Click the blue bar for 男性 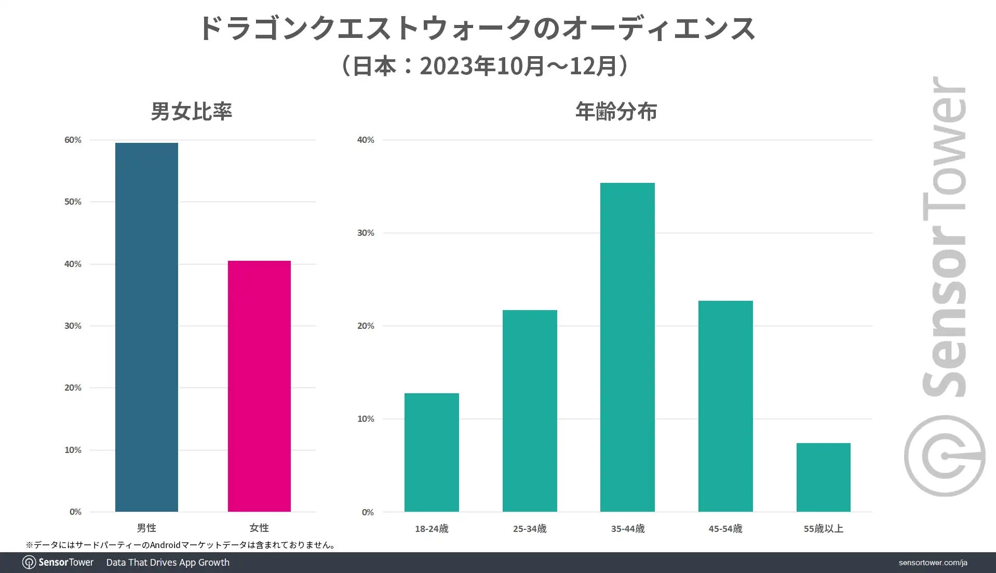pyautogui.click(x=146, y=327)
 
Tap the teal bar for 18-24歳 pyautogui.click(x=432, y=452)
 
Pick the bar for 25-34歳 pyautogui.click(x=530, y=410)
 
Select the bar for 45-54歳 pyautogui.click(x=725, y=406)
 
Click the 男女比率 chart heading pyautogui.click(x=192, y=111)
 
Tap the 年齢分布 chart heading pyautogui.click(x=616, y=111)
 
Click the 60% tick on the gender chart pyautogui.click(x=73, y=140)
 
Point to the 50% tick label pyautogui.click(x=73, y=202)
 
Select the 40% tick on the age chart pyautogui.click(x=366, y=140)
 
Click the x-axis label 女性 pyautogui.click(x=259, y=528)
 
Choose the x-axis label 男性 pyautogui.click(x=146, y=528)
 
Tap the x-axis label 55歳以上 pyautogui.click(x=823, y=528)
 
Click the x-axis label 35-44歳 pyautogui.click(x=627, y=528)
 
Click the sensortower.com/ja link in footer pyautogui.click(x=933, y=563)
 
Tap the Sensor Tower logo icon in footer pyautogui.click(x=29, y=563)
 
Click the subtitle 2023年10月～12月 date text pyautogui.click(x=524, y=66)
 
